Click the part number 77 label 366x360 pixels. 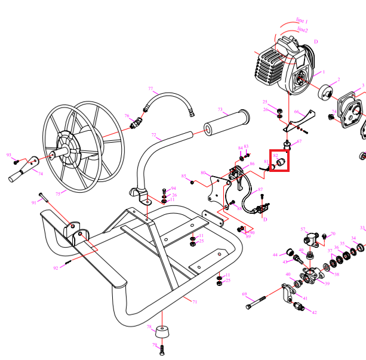[x=150, y=88]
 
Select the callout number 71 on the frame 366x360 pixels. [x=195, y=302]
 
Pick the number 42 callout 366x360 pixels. [x=314, y=312]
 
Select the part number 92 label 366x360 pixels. [x=56, y=268]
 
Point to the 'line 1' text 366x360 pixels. [x=302, y=20]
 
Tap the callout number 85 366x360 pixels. [x=184, y=177]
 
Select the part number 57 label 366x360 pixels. [x=303, y=229]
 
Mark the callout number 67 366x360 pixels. [x=299, y=141]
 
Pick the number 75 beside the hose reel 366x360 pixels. [x=58, y=193]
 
